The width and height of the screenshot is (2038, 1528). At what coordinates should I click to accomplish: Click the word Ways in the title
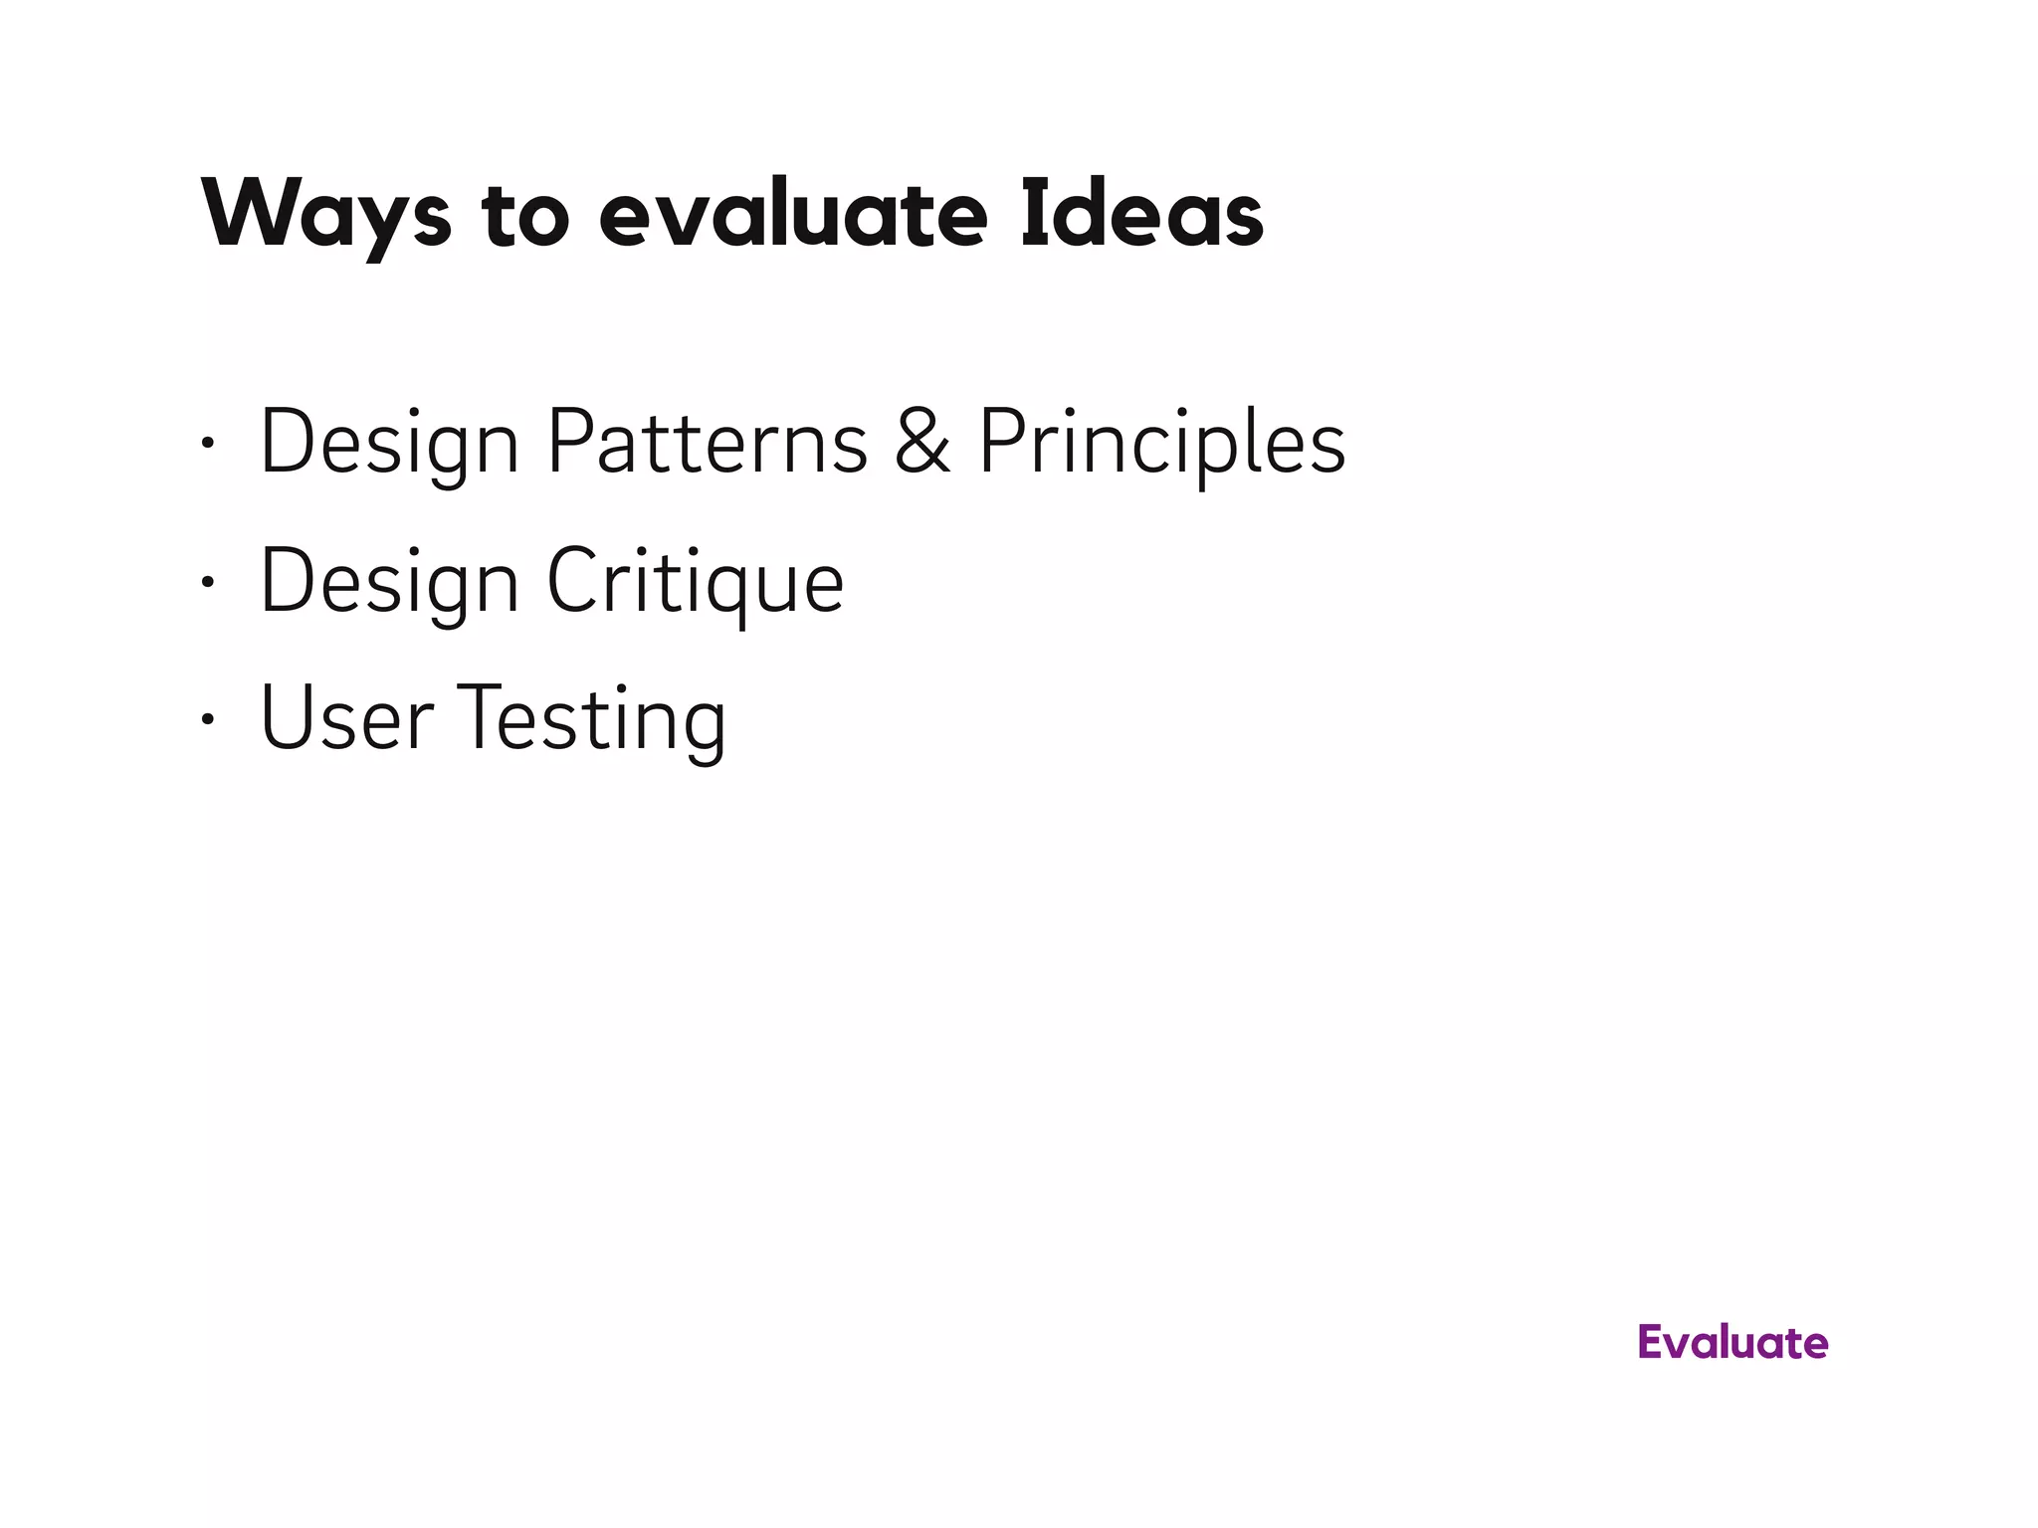point(326,215)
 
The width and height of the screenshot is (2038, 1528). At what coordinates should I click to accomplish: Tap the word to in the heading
point(525,215)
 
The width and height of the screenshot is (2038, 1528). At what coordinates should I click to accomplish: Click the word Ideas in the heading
point(1141,215)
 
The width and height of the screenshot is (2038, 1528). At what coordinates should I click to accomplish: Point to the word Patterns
point(708,442)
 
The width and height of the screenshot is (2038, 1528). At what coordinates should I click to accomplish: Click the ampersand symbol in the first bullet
point(921,442)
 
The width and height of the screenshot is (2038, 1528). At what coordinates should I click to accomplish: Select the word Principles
point(1161,442)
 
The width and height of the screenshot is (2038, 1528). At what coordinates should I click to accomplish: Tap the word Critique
point(695,582)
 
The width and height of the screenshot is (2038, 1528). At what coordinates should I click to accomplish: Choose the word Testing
point(591,718)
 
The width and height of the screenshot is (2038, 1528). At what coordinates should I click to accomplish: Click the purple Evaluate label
point(1732,1343)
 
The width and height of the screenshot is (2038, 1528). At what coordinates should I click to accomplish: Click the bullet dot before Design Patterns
point(207,444)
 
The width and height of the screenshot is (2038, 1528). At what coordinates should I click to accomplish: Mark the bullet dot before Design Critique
point(207,583)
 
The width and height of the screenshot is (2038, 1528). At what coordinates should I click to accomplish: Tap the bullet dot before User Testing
point(207,719)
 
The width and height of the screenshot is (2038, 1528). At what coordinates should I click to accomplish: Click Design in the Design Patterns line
point(389,442)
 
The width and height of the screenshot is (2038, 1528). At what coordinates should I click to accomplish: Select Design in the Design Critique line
point(389,582)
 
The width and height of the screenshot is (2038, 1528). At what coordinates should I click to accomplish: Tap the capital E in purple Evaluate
point(1652,1343)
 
